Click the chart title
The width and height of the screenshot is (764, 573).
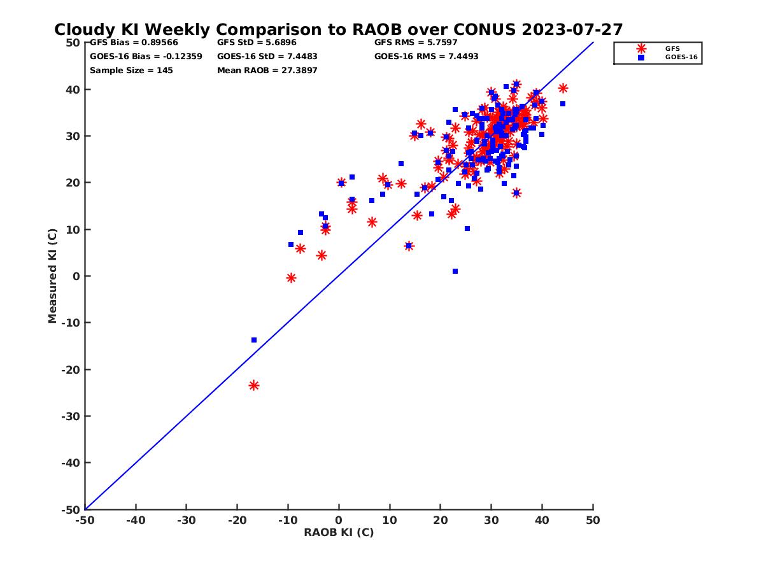click(338, 30)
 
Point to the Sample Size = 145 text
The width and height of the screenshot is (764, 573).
click(131, 71)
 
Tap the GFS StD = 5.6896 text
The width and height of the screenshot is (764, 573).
click(257, 43)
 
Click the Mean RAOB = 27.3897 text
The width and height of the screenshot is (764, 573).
click(267, 71)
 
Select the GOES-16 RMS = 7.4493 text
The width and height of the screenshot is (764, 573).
click(426, 57)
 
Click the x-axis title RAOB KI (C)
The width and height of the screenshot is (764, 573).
click(339, 532)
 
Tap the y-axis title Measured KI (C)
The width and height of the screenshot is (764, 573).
click(52, 276)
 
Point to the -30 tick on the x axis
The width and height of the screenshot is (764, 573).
click(186, 521)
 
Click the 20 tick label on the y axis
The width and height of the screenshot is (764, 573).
click(72, 183)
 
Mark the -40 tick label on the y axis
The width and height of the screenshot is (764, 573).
click(69, 463)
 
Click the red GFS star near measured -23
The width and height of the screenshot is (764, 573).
click(254, 385)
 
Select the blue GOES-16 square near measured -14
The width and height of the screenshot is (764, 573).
click(254, 340)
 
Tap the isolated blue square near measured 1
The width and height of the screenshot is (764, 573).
click(455, 271)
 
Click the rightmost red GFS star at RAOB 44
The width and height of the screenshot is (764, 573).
click(563, 88)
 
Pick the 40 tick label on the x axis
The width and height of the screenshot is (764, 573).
click(542, 521)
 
